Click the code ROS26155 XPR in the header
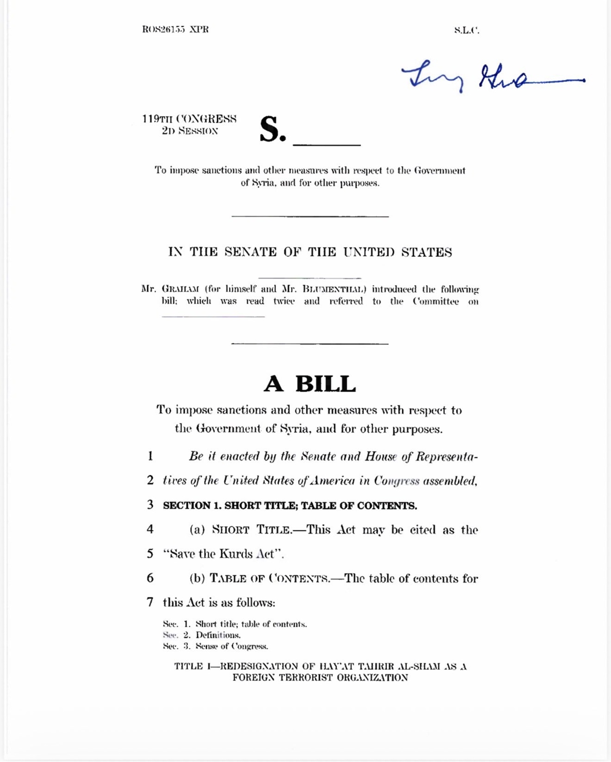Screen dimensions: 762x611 (x=175, y=29)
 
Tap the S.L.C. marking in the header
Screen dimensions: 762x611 (x=466, y=30)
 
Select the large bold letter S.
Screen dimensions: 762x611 (x=272, y=130)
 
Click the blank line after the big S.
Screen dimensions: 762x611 (x=327, y=144)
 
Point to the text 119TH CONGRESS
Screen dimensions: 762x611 (x=189, y=119)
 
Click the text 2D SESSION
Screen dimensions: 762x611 (x=190, y=131)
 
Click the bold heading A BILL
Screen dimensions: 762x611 (x=310, y=384)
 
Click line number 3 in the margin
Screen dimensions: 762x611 (x=150, y=505)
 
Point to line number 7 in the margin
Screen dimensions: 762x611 (x=150, y=602)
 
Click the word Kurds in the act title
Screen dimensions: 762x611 (x=236, y=554)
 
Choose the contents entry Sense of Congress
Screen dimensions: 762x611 (x=231, y=646)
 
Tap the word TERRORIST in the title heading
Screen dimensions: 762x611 (x=306, y=678)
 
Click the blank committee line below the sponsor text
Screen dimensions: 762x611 (x=213, y=315)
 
